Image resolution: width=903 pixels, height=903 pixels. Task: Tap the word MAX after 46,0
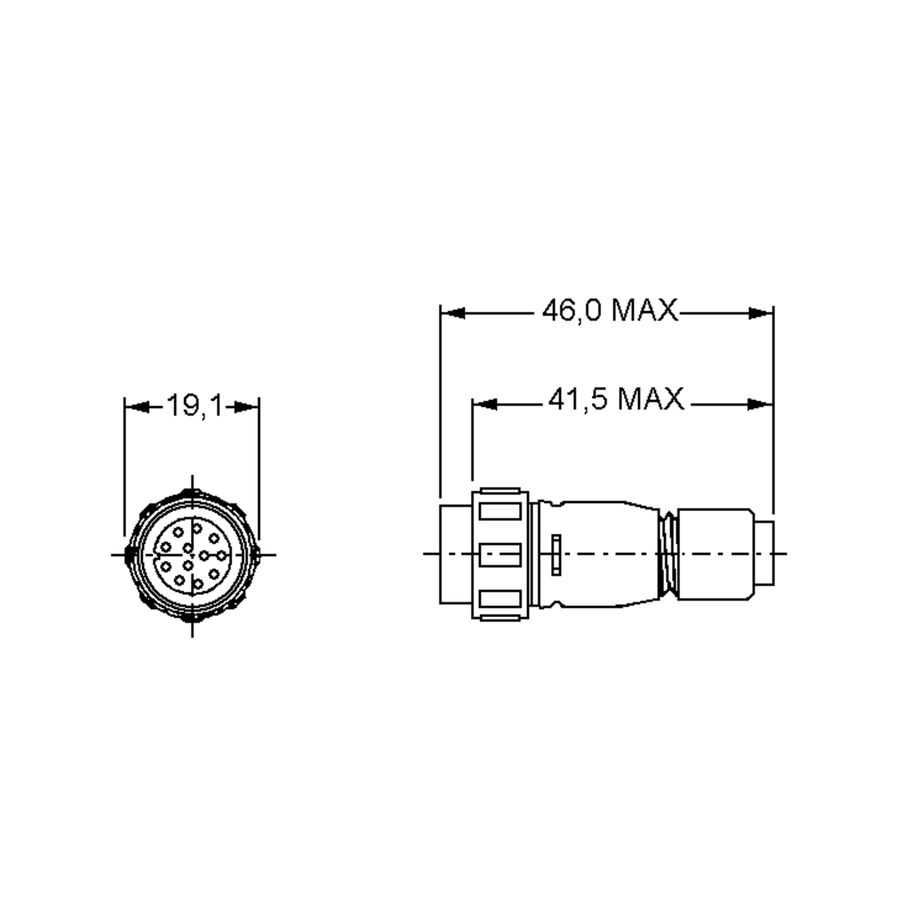pos(645,311)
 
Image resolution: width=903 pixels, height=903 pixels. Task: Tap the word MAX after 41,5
pos(651,400)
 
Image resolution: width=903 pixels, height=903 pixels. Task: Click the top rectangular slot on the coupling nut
pos(500,511)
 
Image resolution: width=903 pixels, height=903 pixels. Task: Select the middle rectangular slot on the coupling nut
pos(500,555)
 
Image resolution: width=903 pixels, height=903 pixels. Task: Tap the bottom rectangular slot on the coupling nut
pos(500,599)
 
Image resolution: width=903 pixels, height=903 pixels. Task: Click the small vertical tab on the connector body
pos(556,555)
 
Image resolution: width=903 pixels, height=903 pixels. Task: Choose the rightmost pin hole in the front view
pos(221,555)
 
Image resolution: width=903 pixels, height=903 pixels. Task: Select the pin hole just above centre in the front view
pos(188,548)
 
